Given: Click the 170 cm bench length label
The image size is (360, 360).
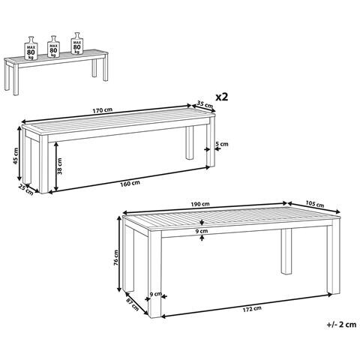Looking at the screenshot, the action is click(x=103, y=109).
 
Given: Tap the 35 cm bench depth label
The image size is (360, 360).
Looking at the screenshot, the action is click(x=205, y=104).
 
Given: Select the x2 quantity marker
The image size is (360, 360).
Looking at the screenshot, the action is click(x=222, y=97).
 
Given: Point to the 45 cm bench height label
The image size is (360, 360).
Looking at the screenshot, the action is click(x=16, y=156).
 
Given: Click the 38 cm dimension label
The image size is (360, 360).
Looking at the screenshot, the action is click(x=59, y=166).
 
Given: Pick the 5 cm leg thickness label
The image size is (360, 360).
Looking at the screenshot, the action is click(x=222, y=144).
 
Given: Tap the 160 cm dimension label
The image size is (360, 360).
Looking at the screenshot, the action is click(x=130, y=183).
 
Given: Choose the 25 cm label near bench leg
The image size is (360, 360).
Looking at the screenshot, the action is click(x=26, y=190).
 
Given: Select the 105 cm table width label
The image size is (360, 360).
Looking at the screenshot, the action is click(x=314, y=204).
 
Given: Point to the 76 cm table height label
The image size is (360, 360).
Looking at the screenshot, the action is click(x=115, y=257).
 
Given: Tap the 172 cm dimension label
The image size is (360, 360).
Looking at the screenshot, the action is click(x=252, y=309).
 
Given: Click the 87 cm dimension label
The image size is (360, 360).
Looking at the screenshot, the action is click(x=132, y=304).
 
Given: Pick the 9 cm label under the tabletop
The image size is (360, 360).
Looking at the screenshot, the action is click(x=202, y=231).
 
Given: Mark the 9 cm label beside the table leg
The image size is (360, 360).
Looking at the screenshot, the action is click(x=156, y=294).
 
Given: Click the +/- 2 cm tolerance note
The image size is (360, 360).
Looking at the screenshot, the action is click(x=341, y=325).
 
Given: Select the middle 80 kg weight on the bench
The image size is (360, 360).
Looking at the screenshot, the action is click(x=53, y=47).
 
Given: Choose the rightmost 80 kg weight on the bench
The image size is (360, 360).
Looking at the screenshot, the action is click(x=77, y=43).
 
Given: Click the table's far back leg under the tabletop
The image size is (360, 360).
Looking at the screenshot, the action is click(x=286, y=250).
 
